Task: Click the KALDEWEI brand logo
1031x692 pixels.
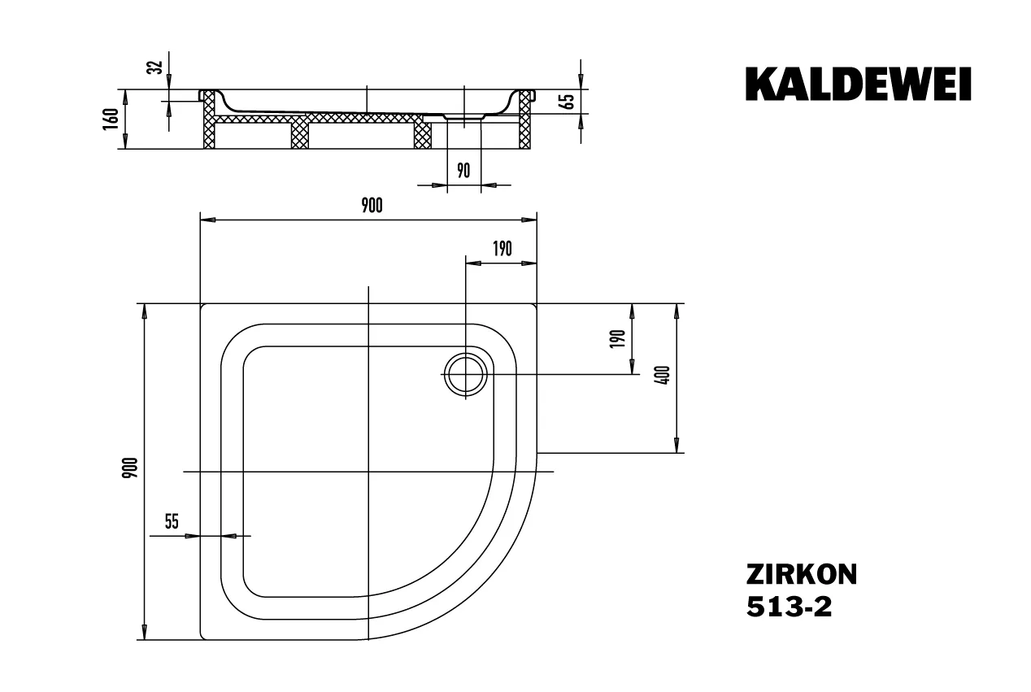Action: (x=858, y=84)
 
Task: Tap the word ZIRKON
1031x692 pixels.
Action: (x=801, y=575)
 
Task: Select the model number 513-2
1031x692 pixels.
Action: (x=789, y=608)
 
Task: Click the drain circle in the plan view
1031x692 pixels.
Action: (x=464, y=374)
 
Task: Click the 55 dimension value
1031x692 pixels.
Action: (x=172, y=522)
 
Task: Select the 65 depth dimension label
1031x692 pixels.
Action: (x=568, y=102)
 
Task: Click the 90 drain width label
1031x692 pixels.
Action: (x=463, y=170)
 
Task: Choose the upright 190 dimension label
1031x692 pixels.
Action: (x=502, y=249)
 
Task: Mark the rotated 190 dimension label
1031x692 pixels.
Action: (x=618, y=338)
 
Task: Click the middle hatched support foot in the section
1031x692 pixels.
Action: (x=301, y=134)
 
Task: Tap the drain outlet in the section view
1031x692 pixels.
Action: (x=464, y=117)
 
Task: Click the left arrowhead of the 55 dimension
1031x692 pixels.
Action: (x=192, y=537)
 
